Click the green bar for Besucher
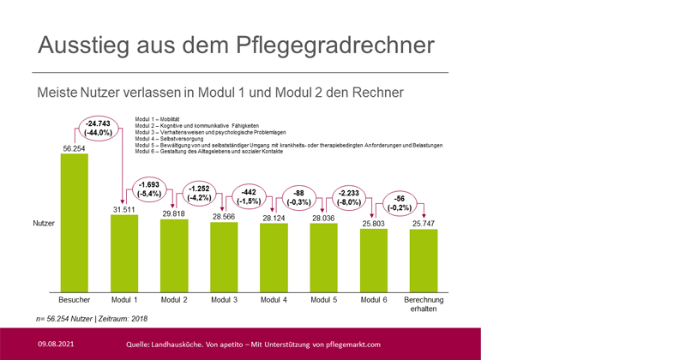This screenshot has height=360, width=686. coord(75,223)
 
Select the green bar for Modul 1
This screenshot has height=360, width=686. coord(124,253)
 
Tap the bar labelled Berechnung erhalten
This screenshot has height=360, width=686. coord(423,261)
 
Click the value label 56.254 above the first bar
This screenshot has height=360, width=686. coord(75,147)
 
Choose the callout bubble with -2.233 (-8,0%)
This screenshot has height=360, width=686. coord(350,197)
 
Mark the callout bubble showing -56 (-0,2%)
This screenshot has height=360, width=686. coord(399,203)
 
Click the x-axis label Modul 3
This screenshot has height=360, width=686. coord(224,300)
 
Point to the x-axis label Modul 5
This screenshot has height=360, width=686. coord(323,300)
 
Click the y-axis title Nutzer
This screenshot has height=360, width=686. coord(44,222)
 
